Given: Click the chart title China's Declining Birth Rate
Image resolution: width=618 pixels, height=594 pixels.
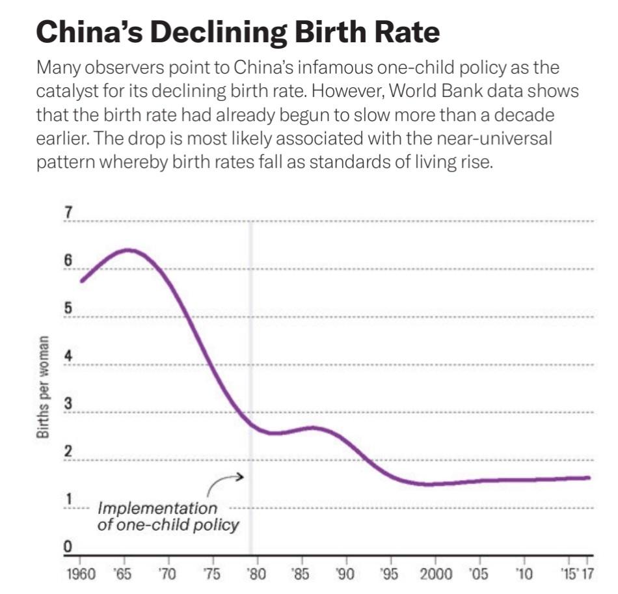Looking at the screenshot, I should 238,31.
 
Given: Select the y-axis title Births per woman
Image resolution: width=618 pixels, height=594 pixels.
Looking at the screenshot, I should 45,388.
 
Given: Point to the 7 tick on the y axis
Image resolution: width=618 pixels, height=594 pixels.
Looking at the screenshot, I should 67,213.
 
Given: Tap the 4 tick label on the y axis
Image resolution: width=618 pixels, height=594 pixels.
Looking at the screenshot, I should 67,357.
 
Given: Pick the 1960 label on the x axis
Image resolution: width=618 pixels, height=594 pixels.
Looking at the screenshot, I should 81,575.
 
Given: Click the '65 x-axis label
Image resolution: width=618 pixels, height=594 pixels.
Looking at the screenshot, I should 124,575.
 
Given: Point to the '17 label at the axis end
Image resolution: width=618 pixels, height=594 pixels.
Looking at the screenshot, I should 587,575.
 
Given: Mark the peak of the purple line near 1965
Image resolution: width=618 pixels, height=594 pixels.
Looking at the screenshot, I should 128,250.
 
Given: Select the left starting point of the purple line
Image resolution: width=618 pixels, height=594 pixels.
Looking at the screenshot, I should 81,281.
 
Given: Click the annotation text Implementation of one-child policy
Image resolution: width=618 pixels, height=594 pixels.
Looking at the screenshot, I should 168,517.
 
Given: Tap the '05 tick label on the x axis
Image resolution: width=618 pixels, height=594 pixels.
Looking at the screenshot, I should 479,575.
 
